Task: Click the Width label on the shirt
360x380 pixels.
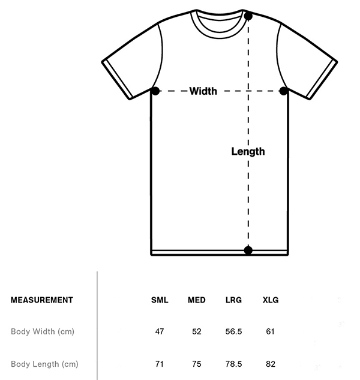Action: (203, 91)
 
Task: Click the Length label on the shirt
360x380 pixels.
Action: (248, 151)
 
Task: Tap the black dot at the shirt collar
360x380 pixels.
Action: (248, 16)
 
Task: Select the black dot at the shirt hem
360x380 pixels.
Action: (248, 250)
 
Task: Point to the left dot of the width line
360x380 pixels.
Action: (155, 91)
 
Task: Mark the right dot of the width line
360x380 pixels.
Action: (284, 91)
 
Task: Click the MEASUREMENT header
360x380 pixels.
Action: (42, 300)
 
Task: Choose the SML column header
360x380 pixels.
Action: (160, 300)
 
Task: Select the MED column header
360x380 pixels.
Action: (197, 300)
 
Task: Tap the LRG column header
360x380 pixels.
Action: (233, 300)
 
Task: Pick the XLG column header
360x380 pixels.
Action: (271, 300)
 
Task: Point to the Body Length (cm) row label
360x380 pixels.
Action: (44, 363)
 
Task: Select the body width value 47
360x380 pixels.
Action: (160, 331)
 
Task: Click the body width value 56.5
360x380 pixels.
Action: (233, 331)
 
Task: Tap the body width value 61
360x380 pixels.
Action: (271, 331)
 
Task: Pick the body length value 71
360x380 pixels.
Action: (160, 363)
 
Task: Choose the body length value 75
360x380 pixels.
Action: (197, 363)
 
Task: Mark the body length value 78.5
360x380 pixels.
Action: (233, 363)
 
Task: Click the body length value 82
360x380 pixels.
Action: (271, 363)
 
